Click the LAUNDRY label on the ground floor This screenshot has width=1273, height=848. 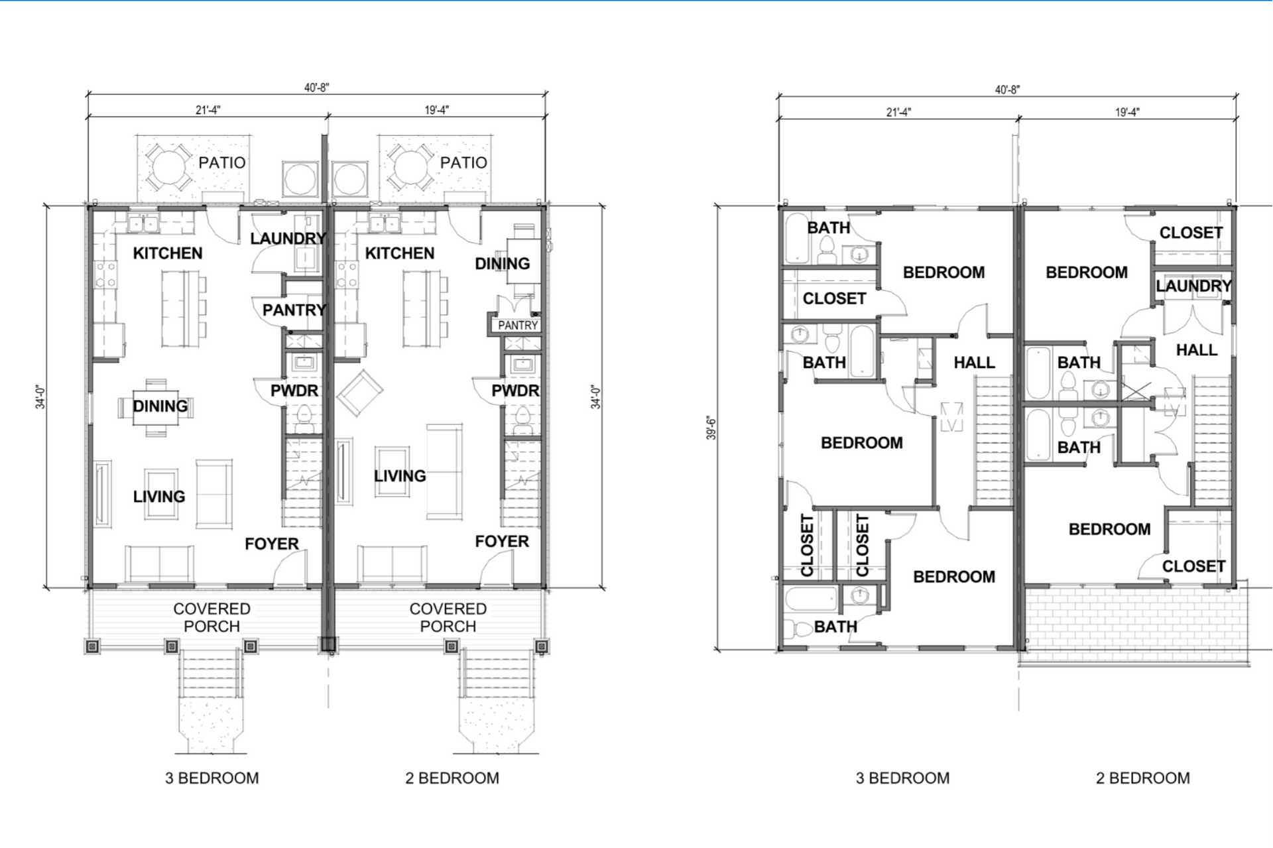(x=288, y=239)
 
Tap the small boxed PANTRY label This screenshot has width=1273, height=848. (x=518, y=326)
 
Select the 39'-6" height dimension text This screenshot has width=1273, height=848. (x=711, y=428)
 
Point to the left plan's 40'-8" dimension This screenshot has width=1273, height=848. (x=317, y=88)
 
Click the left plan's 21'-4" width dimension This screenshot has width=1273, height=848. (x=208, y=110)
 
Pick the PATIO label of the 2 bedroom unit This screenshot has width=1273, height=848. (x=463, y=162)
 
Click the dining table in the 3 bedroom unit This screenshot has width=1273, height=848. (x=156, y=407)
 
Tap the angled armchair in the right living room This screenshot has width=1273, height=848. (x=360, y=394)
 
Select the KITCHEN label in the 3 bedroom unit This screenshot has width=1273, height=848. (x=168, y=253)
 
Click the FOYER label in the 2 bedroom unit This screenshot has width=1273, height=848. (x=502, y=542)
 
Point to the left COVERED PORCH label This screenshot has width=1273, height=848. (x=212, y=617)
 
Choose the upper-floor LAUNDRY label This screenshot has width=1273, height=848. (x=1193, y=286)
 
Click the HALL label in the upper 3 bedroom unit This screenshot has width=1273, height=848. (x=974, y=363)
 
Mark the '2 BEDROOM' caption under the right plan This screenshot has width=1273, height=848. (x=1142, y=778)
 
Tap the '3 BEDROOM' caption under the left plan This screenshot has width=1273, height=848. (x=212, y=778)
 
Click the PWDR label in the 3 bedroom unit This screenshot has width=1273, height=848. (x=294, y=391)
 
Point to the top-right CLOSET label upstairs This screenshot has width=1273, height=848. (x=1191, y=233)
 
